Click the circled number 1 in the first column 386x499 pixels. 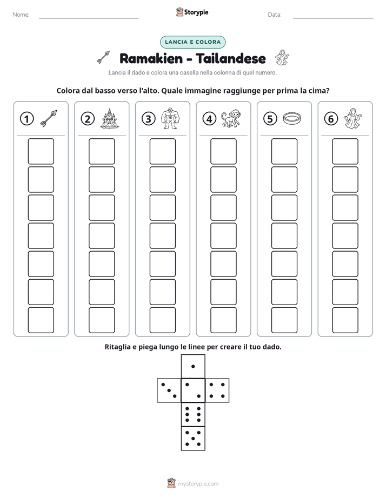pos(26,119)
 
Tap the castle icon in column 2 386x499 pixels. pos(110,118)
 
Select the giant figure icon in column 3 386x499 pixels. pos(170,118)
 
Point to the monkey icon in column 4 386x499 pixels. pos(231,119)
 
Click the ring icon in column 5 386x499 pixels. pos(292,118)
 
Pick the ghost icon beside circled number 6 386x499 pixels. pos(352,118)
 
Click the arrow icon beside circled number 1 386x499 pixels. pos(49,119)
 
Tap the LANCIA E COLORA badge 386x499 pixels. pos(192,42)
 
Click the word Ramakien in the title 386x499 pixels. pos(151,58)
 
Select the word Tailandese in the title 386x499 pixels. pos(231,58)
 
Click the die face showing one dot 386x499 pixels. pos(193,366)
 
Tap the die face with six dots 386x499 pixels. pos(193,414)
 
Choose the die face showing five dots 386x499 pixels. pos(193,439)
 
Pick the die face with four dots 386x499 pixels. pos(217,390)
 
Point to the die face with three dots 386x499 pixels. pos(169,390)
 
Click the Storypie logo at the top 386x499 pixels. pos(192,12)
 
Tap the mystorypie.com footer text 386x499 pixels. pos(198,484)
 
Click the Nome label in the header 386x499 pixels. pos(21,15)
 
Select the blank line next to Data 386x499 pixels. pos(333,18)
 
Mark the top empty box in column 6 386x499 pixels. pos(345,151)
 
